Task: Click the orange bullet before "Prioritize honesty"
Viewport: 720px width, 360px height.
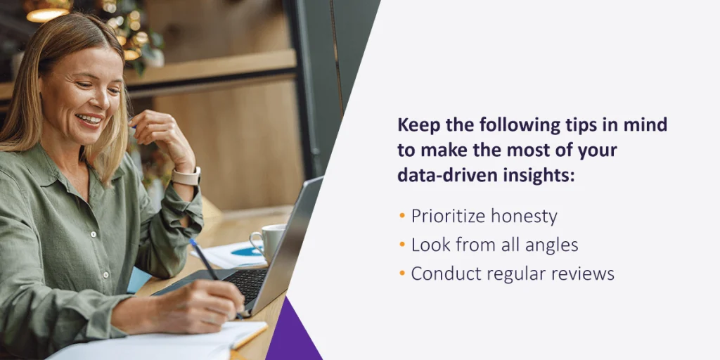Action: click(402, 215)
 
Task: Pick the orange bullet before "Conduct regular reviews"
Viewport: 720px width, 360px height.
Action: click(402, 274)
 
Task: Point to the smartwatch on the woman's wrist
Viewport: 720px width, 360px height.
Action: click(186, 176)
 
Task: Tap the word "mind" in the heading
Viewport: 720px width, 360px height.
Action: click(647, 125)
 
